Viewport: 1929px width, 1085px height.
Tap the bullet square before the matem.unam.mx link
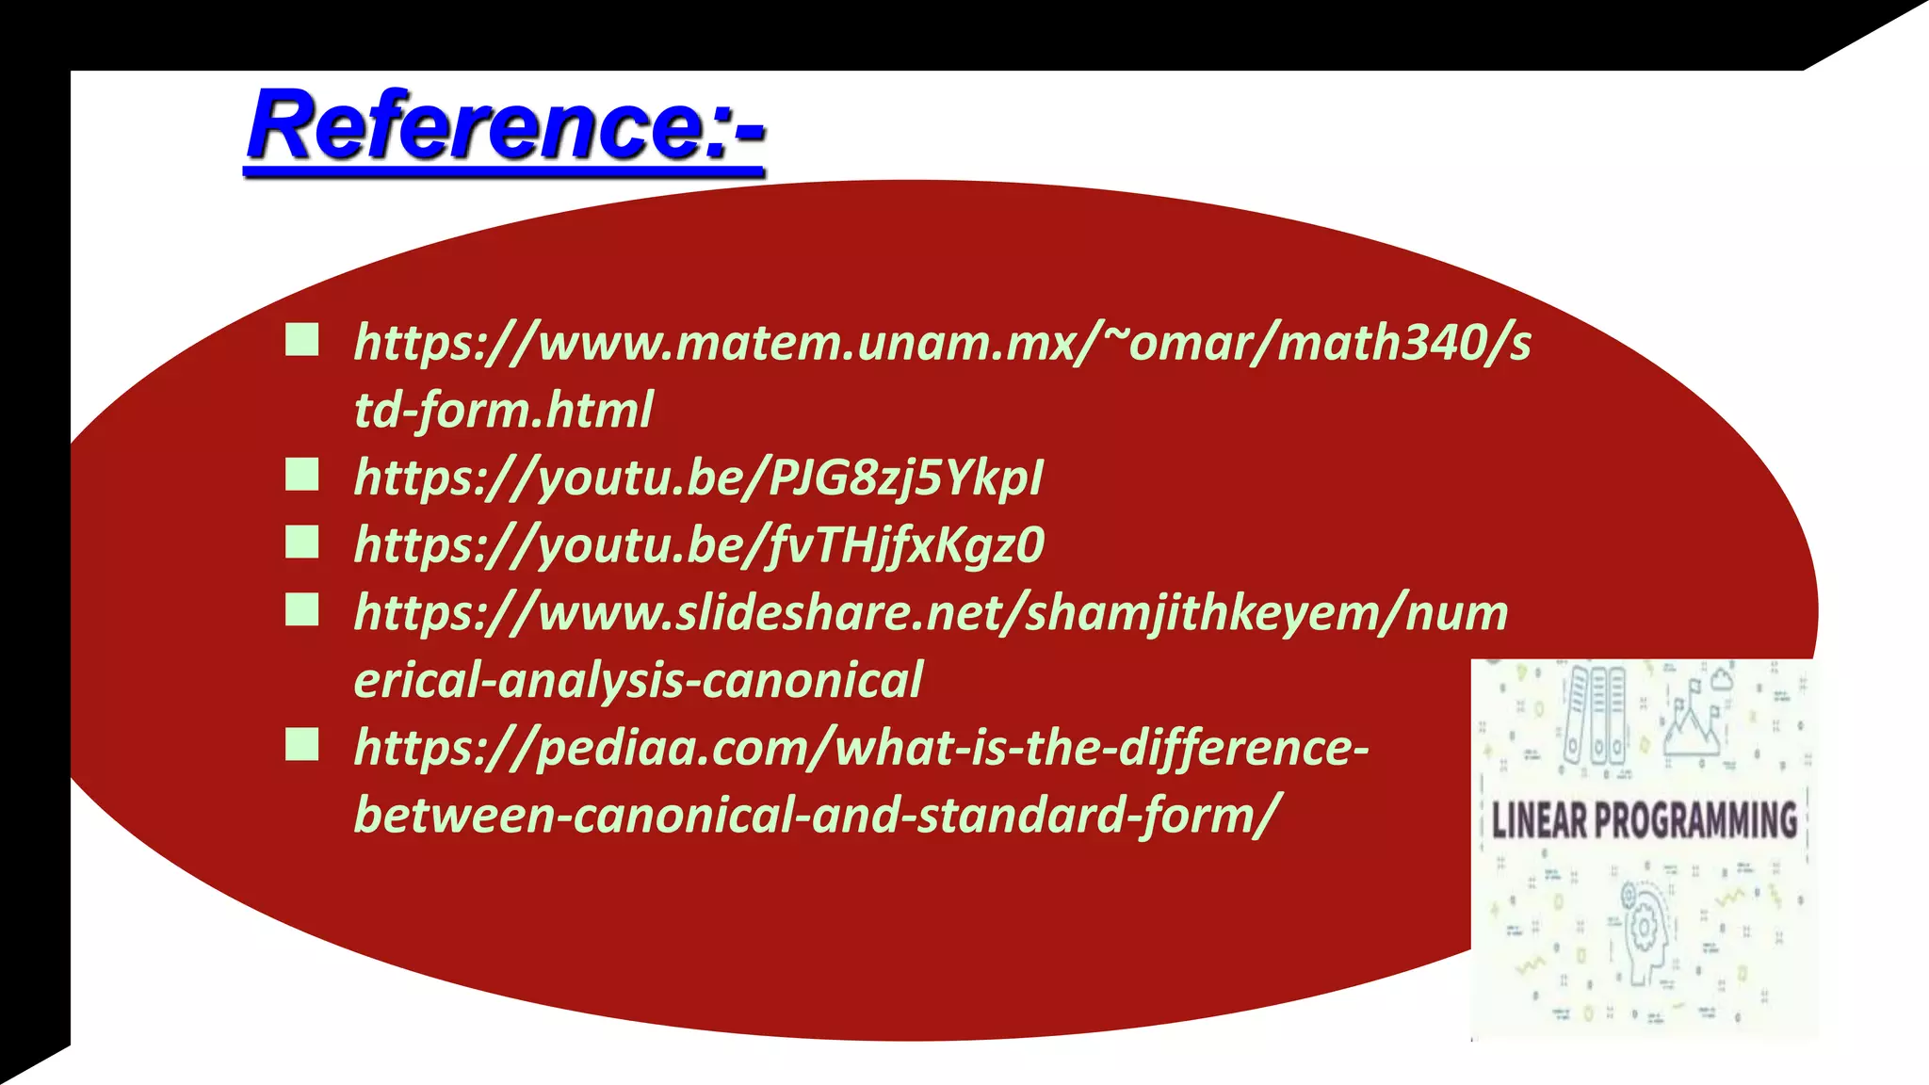click(302, 340)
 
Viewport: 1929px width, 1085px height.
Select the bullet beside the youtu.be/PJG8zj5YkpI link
click(302, 475)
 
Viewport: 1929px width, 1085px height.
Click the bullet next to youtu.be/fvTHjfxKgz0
click(302, 542)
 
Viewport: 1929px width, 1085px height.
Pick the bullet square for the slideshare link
click(302, 610)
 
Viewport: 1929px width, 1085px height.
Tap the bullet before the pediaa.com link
click(302, 745)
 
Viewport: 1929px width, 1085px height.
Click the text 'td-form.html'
click(503, 411)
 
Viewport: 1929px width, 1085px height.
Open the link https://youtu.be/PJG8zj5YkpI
click(698, 478)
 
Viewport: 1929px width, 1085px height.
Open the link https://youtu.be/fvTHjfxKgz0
click(698, 545)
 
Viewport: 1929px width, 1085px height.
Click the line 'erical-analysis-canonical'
click(638, 680)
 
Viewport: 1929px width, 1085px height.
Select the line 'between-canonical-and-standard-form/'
click(817, 815)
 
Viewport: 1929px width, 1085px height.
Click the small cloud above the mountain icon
click(1723, 677)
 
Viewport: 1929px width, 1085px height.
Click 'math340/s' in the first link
click(1403, 342)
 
